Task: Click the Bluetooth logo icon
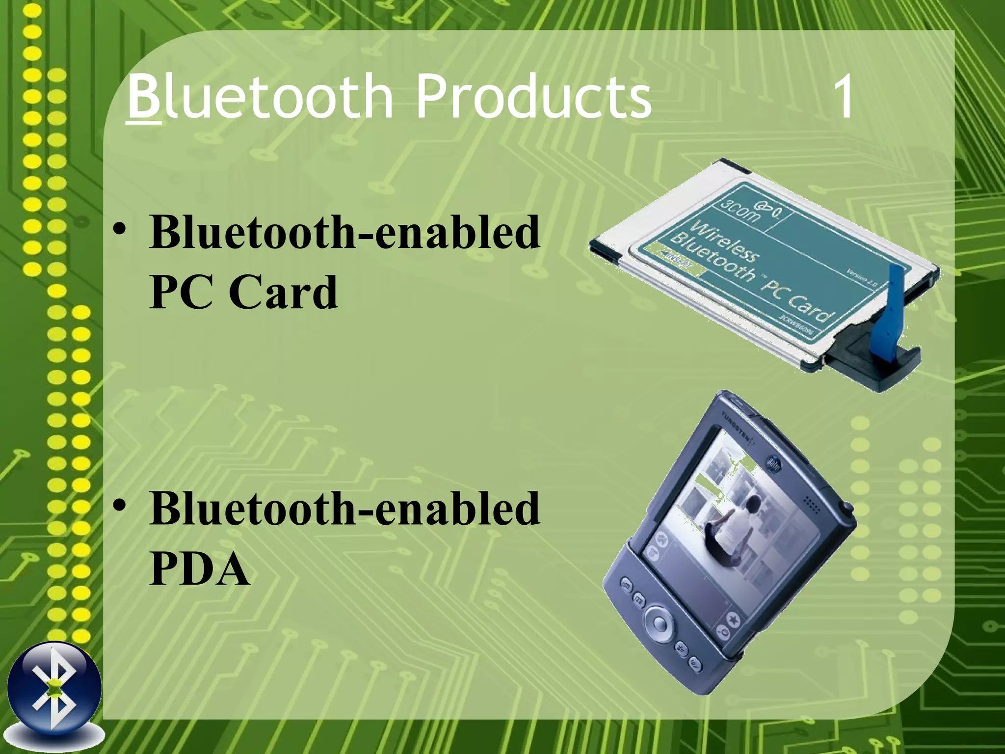[x=54, y=690]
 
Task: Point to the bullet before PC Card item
[x=120, y=231]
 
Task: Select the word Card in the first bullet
[x=283, y=292]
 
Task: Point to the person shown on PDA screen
[x=731, y=530]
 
